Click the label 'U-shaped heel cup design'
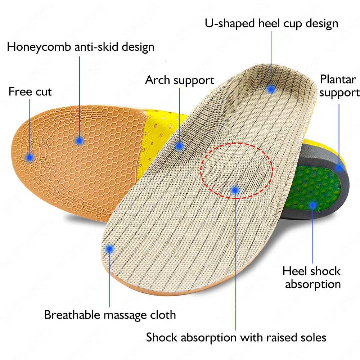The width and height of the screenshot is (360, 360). coord(271,24)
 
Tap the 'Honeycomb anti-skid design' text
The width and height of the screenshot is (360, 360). coord(81,47)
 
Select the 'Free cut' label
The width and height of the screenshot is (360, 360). coord(30,91)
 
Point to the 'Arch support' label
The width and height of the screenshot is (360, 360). coord(179,80)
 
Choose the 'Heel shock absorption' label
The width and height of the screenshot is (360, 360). coord(312,277)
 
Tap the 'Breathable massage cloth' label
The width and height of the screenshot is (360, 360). coord(110,315)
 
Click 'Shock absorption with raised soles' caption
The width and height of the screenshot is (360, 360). coord(236,337)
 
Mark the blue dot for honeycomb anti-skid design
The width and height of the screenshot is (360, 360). coord(80,140)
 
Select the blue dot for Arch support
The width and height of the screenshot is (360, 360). coord(179,146)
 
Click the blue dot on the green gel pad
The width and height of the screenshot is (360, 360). coord(312,205)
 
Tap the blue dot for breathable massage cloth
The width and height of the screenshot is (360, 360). coord(109,248)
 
